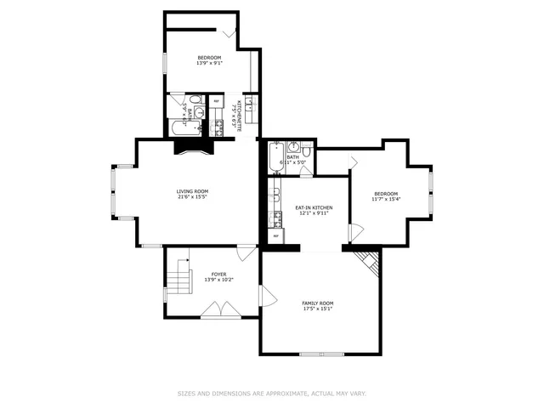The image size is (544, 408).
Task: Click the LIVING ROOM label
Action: (192, 191)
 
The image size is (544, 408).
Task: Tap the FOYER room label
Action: (218, 274)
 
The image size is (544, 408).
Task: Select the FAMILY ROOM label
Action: (318, 303)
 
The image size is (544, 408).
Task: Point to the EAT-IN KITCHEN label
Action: (314, 207)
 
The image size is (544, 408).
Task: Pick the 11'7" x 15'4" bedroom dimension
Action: (385, 200)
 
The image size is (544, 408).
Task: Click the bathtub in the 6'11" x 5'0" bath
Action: (275, 156)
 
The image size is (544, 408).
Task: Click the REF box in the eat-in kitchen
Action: (275, 235)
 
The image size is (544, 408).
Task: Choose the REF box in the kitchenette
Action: (216, 101)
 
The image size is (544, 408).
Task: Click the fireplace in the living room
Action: (189, 147)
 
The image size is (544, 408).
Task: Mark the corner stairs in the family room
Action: (366, 260)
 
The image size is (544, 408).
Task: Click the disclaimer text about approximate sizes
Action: (271, 394)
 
